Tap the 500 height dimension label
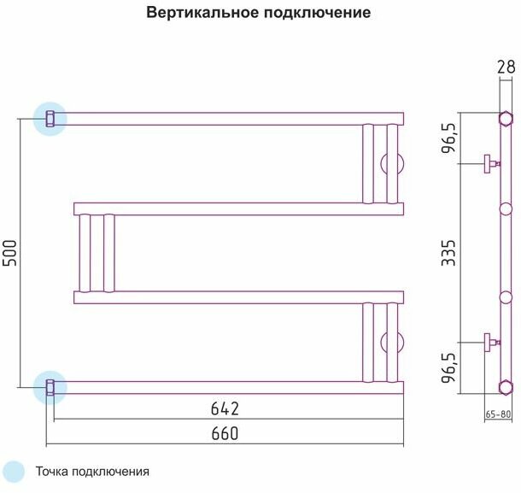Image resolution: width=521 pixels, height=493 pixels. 9,252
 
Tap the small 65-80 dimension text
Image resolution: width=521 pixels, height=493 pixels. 498,414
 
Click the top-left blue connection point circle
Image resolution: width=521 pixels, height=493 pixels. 50,118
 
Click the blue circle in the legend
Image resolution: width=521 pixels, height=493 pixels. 15,472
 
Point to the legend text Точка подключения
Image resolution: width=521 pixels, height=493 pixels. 92,472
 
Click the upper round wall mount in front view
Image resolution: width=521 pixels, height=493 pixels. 394,163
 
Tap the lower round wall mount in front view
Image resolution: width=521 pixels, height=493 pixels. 394,342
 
